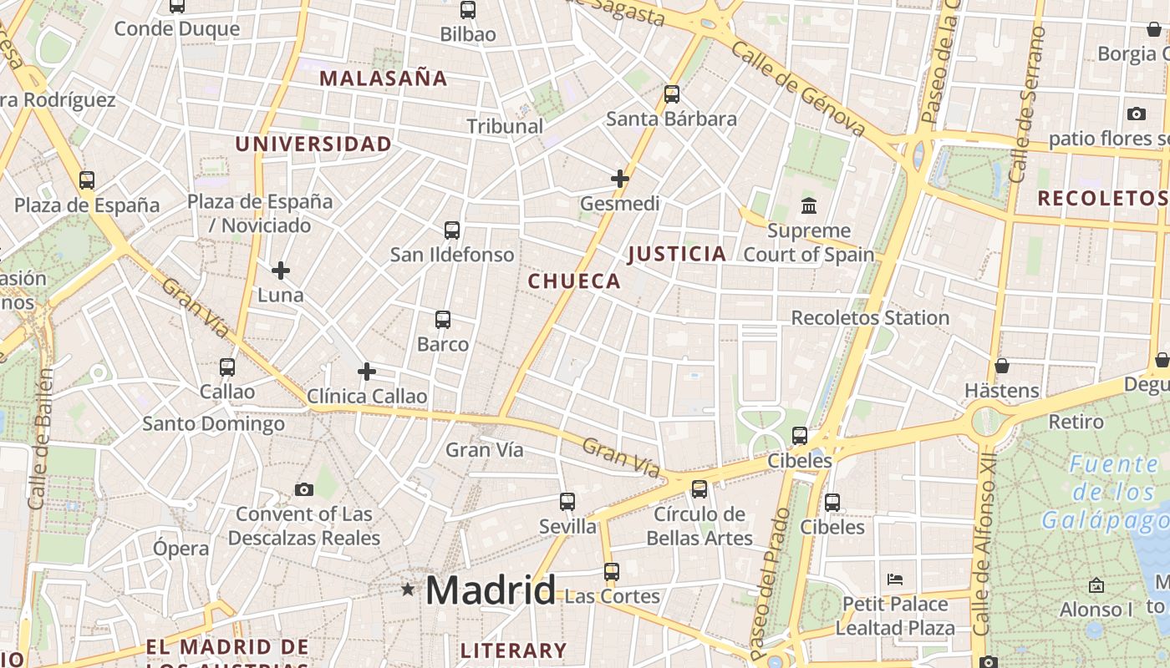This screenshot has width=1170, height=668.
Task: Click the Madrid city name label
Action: point(491,590)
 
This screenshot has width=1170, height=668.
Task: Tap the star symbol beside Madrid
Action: point(408,590)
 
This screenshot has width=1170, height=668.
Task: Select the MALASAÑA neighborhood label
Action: point(384,78)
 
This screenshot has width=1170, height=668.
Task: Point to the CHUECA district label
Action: point(574,281)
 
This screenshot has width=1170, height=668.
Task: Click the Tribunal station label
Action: point(505,126)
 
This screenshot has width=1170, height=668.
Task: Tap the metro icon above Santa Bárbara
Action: point(672,94)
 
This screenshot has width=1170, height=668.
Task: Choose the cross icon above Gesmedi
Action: point(620,179)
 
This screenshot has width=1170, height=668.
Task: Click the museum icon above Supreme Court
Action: point(809,205)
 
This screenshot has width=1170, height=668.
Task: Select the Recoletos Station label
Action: point(870,317)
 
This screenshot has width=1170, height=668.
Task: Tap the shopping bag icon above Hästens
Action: point(1001,366)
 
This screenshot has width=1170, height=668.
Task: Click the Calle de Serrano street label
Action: point(1026,104)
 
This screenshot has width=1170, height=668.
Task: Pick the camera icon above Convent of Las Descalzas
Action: point(304,489)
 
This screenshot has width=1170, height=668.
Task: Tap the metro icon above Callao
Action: point(227,367)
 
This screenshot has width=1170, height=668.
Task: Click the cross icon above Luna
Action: point(281,271)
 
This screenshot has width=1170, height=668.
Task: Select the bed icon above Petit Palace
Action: point(895,579)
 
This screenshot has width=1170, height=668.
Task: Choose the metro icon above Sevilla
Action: point(567,502)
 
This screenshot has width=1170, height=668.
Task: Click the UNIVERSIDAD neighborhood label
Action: point(313,144)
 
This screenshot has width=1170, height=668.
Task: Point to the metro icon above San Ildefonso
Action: point(452,230)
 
